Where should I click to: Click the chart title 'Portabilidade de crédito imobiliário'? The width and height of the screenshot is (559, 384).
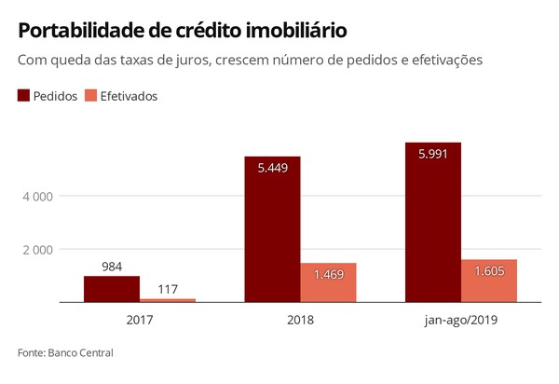(x=183, y=31)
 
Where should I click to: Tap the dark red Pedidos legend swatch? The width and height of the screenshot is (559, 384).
(x=23, y=96)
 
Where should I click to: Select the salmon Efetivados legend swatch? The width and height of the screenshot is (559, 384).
(x=90, y=96)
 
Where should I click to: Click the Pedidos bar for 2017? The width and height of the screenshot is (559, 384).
(x=112, y=289)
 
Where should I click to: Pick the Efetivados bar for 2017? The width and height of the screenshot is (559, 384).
(x=168, y=300)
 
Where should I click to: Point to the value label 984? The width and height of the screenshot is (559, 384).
(x=112, y=267)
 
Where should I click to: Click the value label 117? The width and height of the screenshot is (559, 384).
(x=168, y=290)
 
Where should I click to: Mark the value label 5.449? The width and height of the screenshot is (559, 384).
(x=272, y=169)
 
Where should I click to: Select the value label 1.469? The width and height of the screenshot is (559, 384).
(x=328, y=275)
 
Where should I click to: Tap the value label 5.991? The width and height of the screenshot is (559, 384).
(x=433, y=155)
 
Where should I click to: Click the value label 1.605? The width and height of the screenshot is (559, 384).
(x=489, y=271)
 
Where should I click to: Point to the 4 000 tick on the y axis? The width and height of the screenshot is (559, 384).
(x=38, y=197)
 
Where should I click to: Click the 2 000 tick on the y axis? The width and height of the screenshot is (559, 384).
(x=38, y=250)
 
